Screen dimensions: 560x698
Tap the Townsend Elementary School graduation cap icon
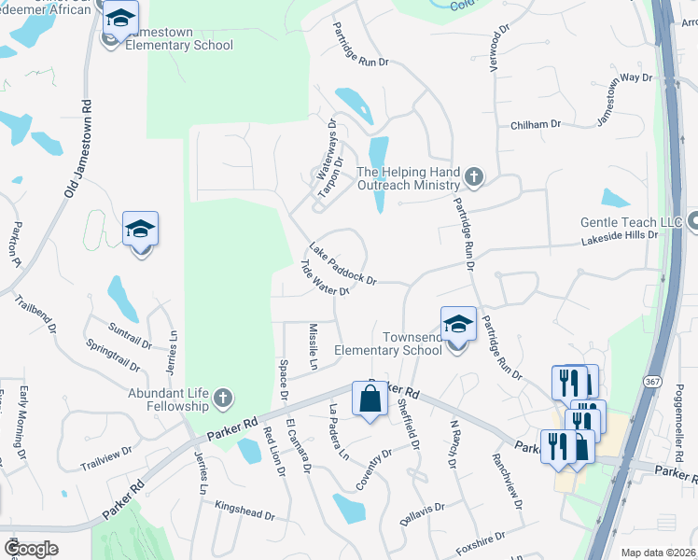pyautogui.click(x=458, y=324)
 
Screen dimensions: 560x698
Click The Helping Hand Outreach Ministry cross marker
pyautogui.click(x=474, y=176)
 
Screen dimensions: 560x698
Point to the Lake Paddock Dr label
pyautogui.click(x=342, y=265)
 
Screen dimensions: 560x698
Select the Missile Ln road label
pyautogui.click(x=313, y=346)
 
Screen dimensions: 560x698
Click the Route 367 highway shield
pyautogui.click(x=652, y=382)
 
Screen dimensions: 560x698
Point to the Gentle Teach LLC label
pyautogui.click(x=633, y=222)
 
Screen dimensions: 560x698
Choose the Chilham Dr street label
pyautogui.click(x=535, y=124)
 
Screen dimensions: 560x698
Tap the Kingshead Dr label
pyautogui.click(x=244, y=514)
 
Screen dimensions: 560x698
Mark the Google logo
pyautogui.click(x=31, y=548)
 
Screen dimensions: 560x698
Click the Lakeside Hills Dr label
pyautogui.click(x=620, y=236)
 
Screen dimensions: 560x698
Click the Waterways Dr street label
pyautogui.click(x=326, y=148)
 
